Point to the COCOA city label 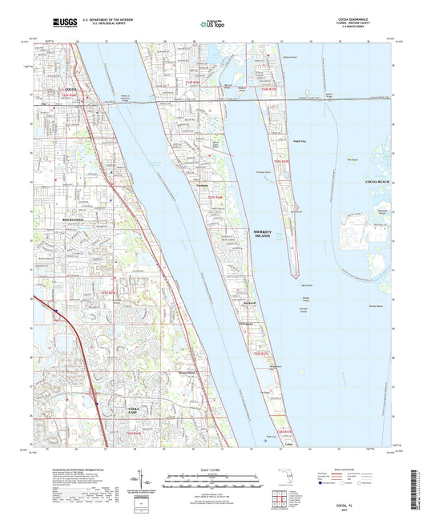click(x=70, y=87)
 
